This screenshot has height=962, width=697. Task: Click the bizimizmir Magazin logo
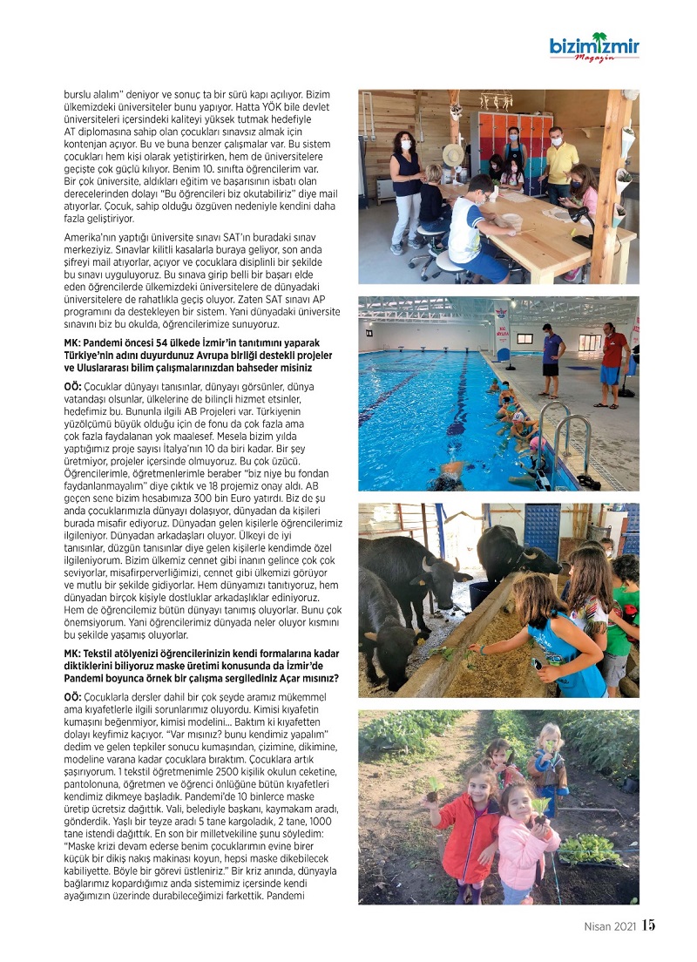(x=594, y=49)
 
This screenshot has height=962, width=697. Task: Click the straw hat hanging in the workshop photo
(x=453, y=155)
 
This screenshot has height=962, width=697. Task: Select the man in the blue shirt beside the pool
(x=552, y=357)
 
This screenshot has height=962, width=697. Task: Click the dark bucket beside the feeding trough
(x=479, y=593)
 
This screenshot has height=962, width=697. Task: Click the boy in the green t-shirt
(x=623, y=614)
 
